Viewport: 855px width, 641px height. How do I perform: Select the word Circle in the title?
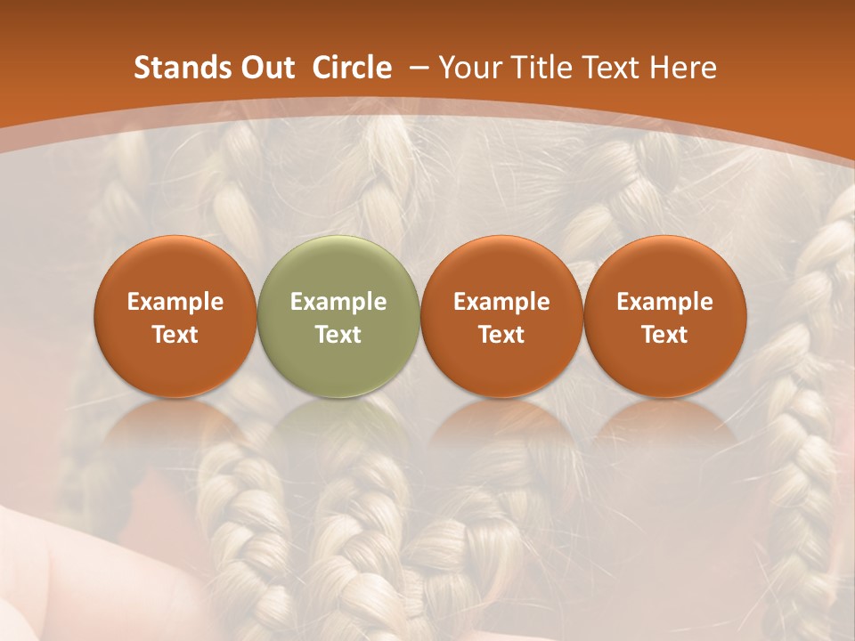(x=352, y=68)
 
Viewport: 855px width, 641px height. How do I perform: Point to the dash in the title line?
(x=415, y=69)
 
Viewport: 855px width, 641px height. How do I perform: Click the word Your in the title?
(x=468, y=68)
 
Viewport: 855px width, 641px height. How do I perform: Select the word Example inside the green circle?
(x=338, y=302)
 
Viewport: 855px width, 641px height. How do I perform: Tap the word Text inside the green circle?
(x=338, y=335)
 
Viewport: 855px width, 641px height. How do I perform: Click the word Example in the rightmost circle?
(x=664, y=302)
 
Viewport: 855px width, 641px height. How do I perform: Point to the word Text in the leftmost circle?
(x=175, y=335)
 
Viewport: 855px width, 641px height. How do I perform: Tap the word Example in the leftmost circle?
(x=175, y=302)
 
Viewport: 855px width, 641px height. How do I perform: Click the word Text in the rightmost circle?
(x=664, y=335)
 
